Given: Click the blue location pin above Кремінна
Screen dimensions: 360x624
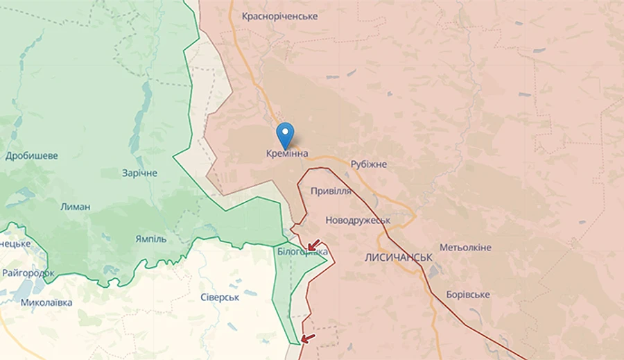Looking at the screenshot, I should click(x=285, y=132).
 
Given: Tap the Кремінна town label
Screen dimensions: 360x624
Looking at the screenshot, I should click(x=287, y=154).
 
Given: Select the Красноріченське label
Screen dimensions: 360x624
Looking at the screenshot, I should click(x=280, y=16).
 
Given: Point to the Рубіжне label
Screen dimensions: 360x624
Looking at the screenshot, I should click(x=369, y=164).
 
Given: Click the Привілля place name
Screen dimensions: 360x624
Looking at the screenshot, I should click(x=331, y=191).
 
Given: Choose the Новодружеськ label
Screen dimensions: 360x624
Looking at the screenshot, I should click(x=358, y=220).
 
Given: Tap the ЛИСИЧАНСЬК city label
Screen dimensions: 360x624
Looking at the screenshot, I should click(x=399, y=257).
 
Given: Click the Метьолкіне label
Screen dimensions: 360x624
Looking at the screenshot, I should click(x=465, y=248).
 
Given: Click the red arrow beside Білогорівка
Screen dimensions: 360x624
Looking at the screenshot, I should click(x=314, y=245).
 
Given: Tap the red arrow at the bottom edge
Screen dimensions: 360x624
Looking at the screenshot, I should click(x=308, y=338).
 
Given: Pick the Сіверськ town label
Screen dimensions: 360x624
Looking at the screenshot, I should click(x=220, y=297).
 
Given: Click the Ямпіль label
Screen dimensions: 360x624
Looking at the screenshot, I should click(x=150, y=239).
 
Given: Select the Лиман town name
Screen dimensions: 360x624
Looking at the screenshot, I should click(x=76, y=207).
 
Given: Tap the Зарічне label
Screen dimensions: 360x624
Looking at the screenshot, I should click(x=139, y=173).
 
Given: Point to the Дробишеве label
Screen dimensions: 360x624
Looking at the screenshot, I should click(x=31, y=156).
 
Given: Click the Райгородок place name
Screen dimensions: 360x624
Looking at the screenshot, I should click(x=28, y=273).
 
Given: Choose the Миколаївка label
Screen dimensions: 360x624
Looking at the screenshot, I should click(x=46, y=302).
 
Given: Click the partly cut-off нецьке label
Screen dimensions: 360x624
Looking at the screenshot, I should click(x=15, y=243).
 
